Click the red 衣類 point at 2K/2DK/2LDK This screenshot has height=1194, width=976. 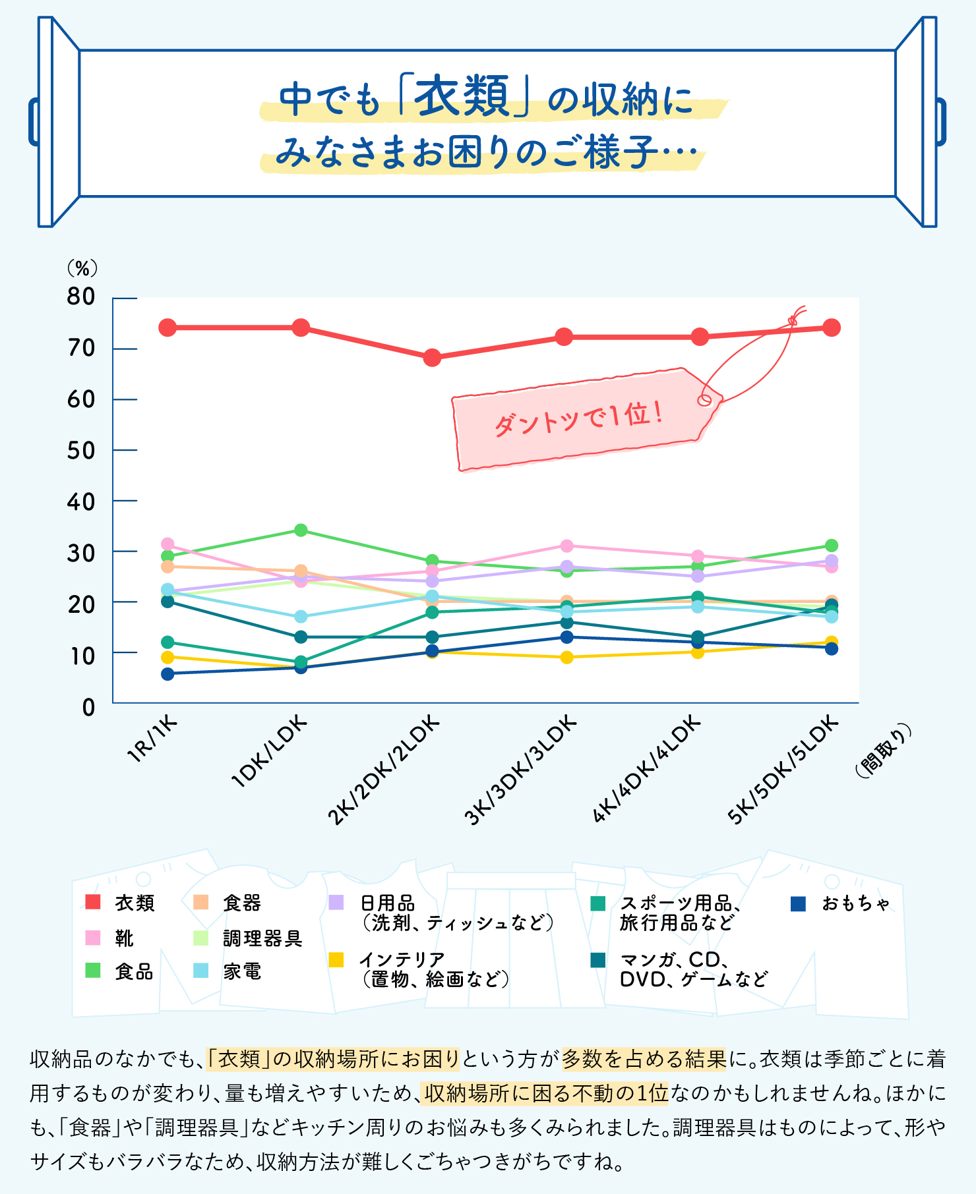[432, 358]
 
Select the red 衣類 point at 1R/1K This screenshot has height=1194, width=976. [168, 327]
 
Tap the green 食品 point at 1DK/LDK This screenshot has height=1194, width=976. [301, 530]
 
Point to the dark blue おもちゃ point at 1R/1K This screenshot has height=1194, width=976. [168, 673]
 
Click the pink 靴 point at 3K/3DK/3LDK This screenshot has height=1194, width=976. [566, 546]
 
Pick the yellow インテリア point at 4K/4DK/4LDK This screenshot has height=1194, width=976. [698, 652]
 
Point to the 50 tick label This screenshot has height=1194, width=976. [81, 451]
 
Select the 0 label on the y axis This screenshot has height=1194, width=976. [88, 708]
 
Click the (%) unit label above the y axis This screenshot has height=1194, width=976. [82, 268]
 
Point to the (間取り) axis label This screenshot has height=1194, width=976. [884, 751]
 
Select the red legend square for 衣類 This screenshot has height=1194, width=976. [93, 902]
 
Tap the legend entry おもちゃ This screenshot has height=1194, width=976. [855, 903]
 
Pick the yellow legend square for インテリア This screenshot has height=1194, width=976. [336, 960]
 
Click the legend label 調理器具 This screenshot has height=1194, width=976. [262, 938]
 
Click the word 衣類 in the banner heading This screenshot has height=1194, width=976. [464, 98]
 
